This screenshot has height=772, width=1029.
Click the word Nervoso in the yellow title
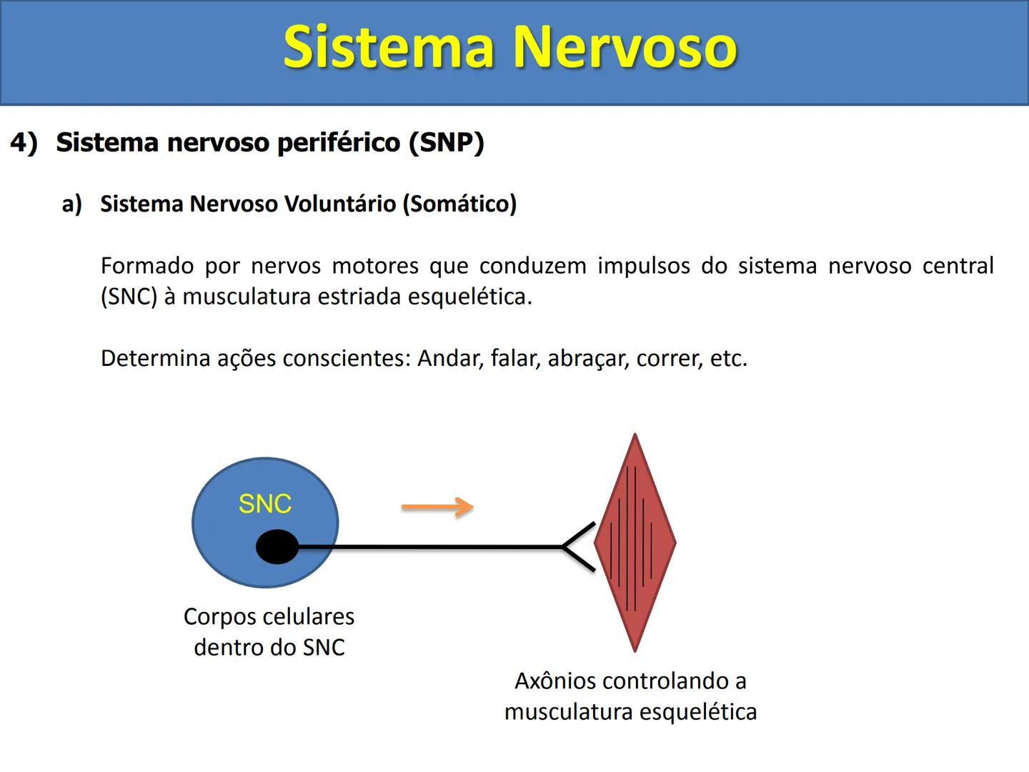(625, 47)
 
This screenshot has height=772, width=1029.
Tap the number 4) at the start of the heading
(24, 142)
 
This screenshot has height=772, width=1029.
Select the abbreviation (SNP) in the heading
(447, 142)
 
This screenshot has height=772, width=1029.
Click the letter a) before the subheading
(71, 204)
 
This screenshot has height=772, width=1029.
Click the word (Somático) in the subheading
(459, 204)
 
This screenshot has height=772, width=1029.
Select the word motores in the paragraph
(375, 266)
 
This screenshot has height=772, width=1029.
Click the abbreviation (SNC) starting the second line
(129, 297)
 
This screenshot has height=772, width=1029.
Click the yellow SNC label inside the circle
(264, 504)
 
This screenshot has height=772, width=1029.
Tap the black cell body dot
(277, 547)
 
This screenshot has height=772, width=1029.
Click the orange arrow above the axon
(437, 508)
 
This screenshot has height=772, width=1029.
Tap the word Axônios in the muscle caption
(556, 681)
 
